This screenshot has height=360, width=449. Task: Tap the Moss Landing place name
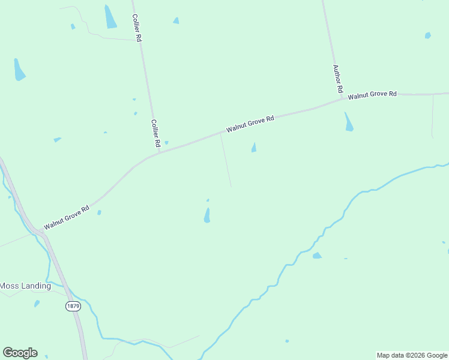[25, 286]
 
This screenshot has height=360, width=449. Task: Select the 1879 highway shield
[73, 306]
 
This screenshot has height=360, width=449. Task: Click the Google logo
[20, 353]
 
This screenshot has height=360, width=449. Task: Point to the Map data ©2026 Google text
[412, 355]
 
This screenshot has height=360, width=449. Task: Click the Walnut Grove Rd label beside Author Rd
[372, 95]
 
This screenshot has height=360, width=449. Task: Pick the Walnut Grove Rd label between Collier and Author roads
[250, 124]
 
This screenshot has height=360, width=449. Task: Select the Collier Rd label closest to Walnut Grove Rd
[155, 133]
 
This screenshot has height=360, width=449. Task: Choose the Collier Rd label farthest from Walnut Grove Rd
[137, 28]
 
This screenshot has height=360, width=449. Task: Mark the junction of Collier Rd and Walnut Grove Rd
[158, 152]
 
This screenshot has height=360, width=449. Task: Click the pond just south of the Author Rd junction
[348, 122]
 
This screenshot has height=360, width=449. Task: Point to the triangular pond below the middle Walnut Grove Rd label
[254, 148]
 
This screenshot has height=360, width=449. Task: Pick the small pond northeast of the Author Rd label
[427, 35]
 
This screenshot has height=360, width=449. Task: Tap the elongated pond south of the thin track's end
[207, 215]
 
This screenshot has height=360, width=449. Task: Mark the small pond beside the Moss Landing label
[37, 304]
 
